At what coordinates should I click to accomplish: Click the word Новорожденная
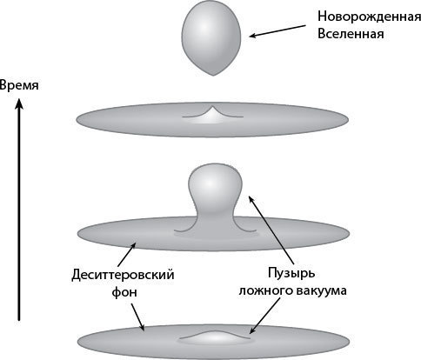pos(369,17)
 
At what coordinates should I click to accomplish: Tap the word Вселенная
pos(351,34)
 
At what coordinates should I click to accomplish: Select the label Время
pos(19,86)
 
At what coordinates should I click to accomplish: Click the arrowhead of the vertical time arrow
pos(19,103)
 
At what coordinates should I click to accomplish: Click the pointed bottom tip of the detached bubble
pos(213,76)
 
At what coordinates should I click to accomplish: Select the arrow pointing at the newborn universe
pos(277,31)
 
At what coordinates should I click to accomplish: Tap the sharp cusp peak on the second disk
pos(212,107)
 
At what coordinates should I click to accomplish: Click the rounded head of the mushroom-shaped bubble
pos(215,181)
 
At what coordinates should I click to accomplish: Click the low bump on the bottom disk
pos(215,337)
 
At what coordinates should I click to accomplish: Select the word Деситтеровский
pos(123,275)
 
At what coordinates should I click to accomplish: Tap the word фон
pos(124,291)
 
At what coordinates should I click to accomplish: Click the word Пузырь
pos(291,274)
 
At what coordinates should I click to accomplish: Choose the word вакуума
pos(321,290)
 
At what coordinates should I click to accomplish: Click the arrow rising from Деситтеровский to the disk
pos(126,255)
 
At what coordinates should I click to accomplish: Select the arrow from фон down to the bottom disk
pos(138,317)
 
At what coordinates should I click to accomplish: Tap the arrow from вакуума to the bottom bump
pos(265,316)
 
